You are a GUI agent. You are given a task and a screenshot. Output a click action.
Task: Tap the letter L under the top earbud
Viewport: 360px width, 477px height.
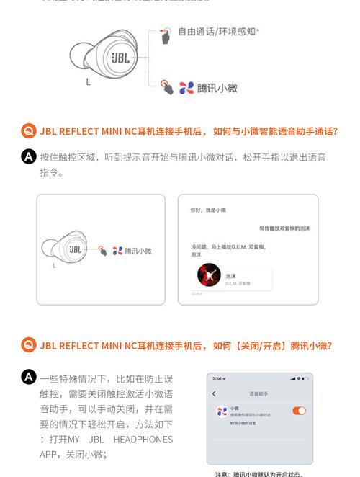[x=89, y=81]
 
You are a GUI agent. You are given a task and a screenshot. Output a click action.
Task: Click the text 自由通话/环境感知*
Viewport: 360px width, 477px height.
[x=219, y=32]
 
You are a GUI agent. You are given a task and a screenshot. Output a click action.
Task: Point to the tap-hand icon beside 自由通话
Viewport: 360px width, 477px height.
[x=166, y=35]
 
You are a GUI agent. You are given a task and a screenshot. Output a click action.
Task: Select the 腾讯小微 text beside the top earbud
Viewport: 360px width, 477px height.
[x=217, y=88]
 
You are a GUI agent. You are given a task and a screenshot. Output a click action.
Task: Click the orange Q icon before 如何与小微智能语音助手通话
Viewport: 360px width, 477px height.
[x=29, y=131]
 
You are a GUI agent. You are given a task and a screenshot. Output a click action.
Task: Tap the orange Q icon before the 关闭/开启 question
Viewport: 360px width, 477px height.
[x=29, y=345]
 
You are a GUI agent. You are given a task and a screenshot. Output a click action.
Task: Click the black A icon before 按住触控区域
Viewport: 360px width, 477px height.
[x=29, y=156]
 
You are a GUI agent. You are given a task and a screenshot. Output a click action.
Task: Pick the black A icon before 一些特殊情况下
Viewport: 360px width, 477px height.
[x=29, y=378]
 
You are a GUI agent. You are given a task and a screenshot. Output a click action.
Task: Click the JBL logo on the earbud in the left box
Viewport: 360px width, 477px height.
[x=75, y=249]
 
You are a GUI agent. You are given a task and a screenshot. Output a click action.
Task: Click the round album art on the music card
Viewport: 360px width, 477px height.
[x=210, y=275]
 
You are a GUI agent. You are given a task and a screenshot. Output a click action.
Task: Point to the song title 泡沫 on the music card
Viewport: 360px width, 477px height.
[x=231, y=275]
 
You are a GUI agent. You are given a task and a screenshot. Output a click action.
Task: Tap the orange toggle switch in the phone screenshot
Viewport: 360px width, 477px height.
[x=299, y=411]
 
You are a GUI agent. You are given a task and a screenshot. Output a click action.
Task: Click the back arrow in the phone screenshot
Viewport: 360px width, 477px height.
[x=215, y=393]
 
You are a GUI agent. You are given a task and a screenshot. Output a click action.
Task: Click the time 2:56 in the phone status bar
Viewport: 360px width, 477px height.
[x=218, y=379]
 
